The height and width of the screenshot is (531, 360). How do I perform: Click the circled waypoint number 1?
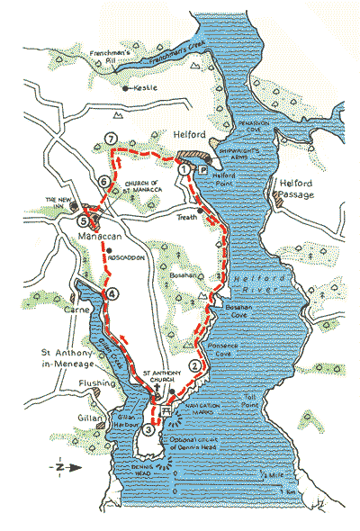click(184, 168)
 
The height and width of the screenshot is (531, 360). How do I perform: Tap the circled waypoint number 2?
click(194, 365)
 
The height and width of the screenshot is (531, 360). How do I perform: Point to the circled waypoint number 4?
click(112, 293)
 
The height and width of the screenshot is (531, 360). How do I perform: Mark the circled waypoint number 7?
click(110, 138)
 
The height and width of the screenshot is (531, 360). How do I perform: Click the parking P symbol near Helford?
click(202, 168)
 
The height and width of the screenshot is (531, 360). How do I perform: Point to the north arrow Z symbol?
click(58, 469)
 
